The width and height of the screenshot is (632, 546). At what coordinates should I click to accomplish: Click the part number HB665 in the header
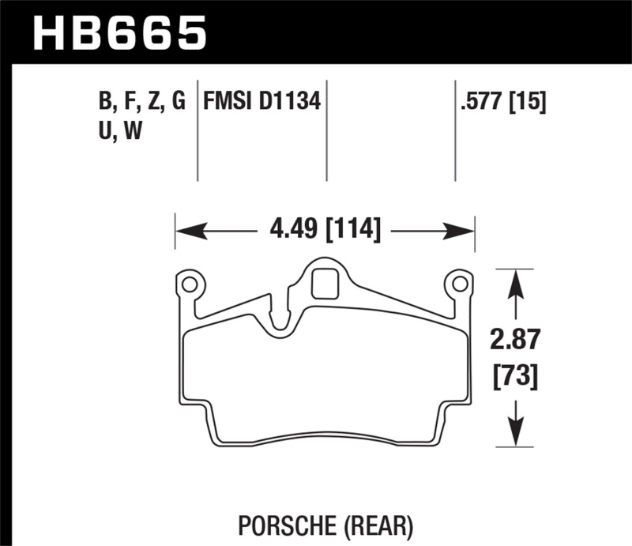pyautogui.click(x=118, y=33)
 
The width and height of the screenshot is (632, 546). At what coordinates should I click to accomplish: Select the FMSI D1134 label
pyautogui.click(x=261, y=101)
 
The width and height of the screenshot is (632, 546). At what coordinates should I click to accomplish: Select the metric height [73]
pyautogui.click(x=516, y=376)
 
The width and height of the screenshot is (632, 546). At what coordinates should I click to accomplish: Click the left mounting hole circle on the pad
pyautogui.click(x=189, y=283)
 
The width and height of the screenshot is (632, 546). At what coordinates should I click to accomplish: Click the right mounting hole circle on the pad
pyautogui.click(x=458, y=283)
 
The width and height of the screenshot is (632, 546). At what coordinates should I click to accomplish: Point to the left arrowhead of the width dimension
pyautogui.click(x=186, y=231)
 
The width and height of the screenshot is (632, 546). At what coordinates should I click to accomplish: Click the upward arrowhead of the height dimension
pyautogui.click(x=516, y=281)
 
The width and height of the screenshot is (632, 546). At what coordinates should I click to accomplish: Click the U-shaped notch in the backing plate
pyautogui.click(x=278, y=324)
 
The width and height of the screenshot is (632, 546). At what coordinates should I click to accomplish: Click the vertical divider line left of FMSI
pyautogui.click(x=197, y=130)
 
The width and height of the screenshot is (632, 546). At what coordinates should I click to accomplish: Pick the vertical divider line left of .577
pyautogui.click(x=455, y=130)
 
